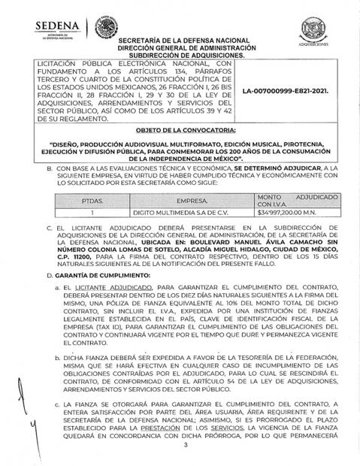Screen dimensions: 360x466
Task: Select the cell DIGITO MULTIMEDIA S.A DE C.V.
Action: tap(174, 213)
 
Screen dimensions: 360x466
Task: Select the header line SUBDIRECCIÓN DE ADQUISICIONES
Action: tap(192, 56)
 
